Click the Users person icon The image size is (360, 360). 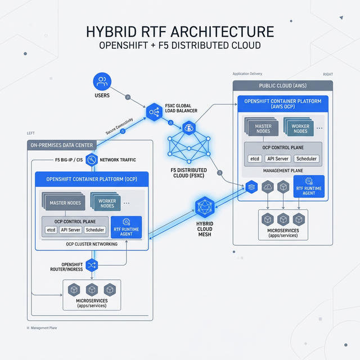102,82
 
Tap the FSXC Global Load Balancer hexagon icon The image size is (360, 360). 154,113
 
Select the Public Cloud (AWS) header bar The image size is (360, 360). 282,86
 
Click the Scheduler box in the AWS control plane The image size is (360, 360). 307,159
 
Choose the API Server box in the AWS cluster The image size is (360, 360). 277,159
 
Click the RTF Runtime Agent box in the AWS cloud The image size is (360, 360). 309,187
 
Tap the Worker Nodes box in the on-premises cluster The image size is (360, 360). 106,203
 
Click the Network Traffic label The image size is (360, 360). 117,160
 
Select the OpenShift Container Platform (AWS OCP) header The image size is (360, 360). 282,103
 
